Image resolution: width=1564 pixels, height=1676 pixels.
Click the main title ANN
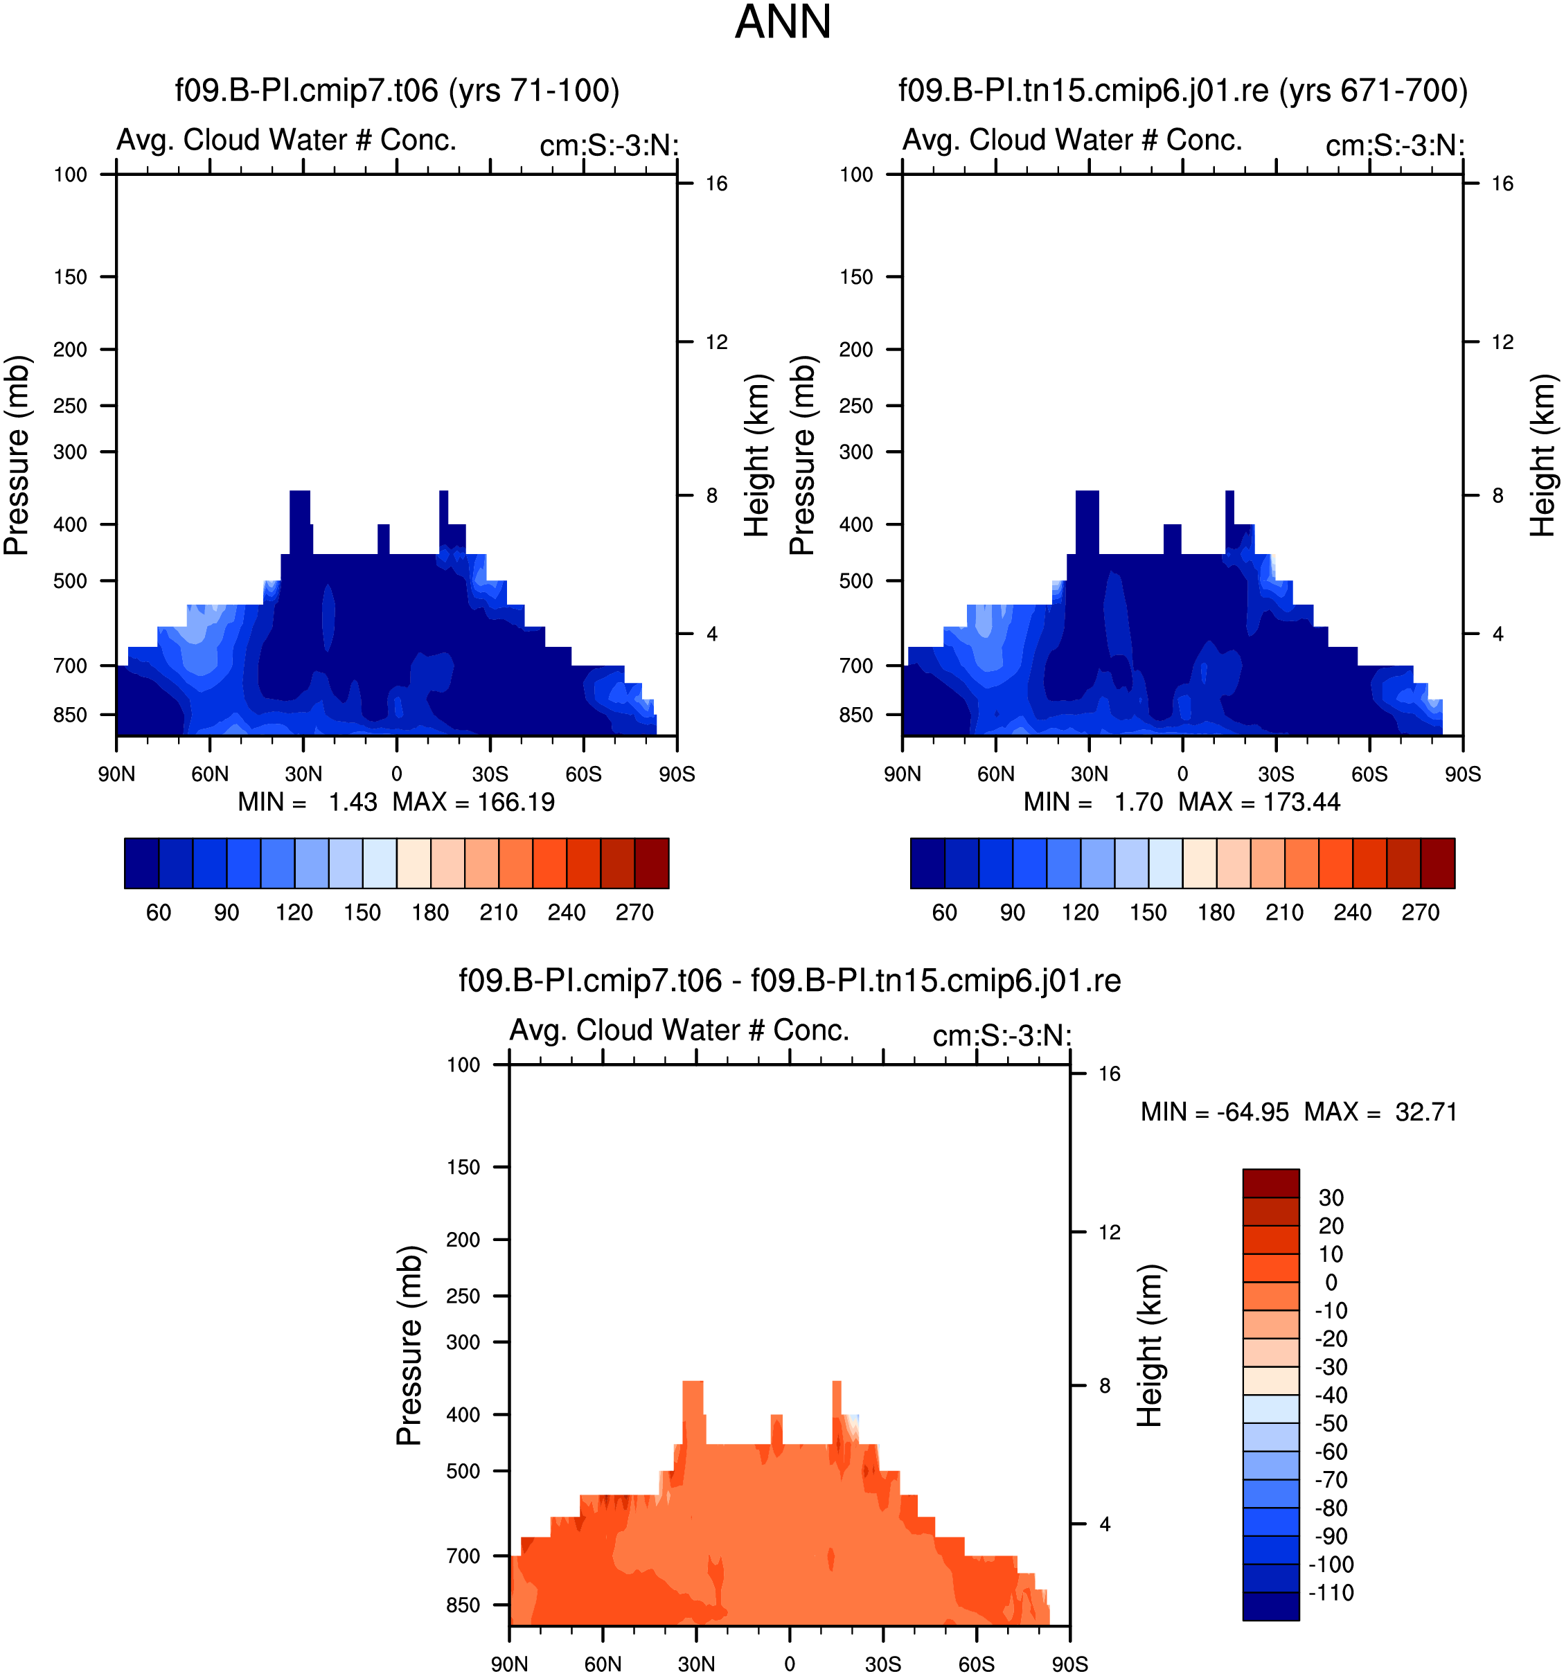[783, 22]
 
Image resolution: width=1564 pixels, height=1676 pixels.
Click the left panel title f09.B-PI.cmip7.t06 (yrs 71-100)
[397, 89]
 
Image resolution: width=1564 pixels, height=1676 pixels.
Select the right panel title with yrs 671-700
[1183, 89]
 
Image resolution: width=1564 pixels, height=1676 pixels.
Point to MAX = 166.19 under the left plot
[473, 802]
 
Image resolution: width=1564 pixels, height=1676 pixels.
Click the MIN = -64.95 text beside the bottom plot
[1214, 1112]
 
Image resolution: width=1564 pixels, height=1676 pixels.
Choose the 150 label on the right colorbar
[1148, 912]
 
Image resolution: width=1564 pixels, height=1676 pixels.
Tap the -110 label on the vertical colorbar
[1331, 1592]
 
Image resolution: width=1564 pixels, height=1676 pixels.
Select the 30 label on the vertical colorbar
[1331, 1197]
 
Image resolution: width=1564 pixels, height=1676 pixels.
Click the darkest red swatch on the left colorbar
[652, 864]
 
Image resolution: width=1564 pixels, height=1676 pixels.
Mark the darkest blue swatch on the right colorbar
[927, 864]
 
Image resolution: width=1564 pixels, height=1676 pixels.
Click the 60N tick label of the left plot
[210, 774]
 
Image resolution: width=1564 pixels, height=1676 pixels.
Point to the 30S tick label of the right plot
[1276, 774]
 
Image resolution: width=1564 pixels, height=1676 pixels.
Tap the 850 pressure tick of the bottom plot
[463, 1605]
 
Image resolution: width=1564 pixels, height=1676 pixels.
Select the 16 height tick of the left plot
[716, 183]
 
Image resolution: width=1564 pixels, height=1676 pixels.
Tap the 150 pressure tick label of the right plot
[856, 276]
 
